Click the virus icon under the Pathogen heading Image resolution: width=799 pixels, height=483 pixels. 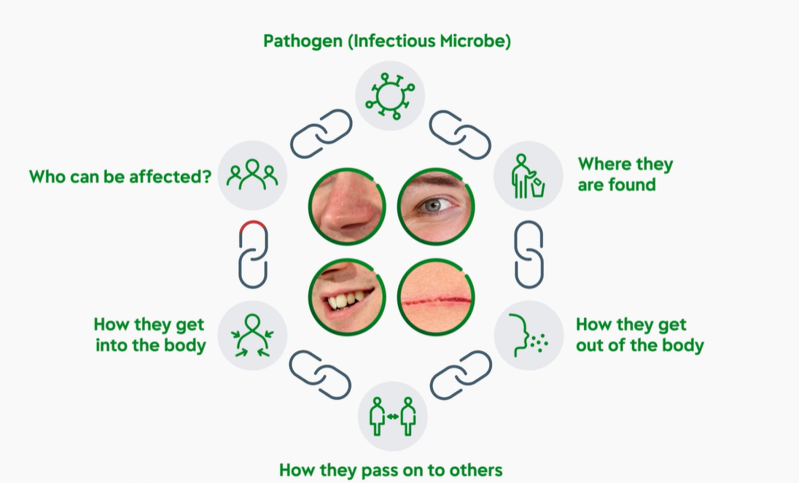pos(390,96)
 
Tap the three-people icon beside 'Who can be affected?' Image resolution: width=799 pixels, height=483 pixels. pos(252,174)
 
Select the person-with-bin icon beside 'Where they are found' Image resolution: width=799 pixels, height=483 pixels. pos(528,177)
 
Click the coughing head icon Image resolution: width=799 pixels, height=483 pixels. pos(528,335)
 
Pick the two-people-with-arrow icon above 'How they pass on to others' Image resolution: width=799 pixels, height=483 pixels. pos(392,416)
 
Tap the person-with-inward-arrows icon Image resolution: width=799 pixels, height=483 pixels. pos(252,335)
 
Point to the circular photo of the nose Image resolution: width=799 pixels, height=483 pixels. pos(347,206)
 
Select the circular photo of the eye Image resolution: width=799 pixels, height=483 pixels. pos(436,206)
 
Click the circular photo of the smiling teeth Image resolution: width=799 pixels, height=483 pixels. pos(347,297)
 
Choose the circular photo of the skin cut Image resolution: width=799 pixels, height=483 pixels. pos(436,297)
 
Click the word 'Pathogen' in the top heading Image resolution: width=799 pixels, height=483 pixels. pos(303,41)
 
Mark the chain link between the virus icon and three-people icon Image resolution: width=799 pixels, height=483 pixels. pos(321,134)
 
